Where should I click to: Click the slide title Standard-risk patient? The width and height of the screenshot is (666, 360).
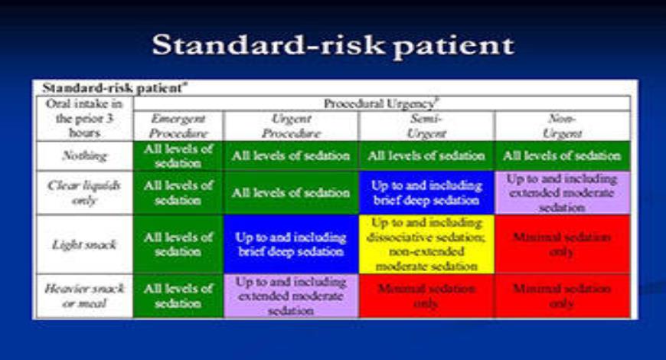click(x=332, y=45)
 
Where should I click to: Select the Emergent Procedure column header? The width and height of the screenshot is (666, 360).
click(x=178, y=126)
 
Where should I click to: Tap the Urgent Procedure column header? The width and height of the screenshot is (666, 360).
click(x=291, y=126)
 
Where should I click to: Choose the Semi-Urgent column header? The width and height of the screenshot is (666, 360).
click(x=426, y=126)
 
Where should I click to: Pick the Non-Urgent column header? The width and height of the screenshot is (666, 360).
click(x=563, y=126)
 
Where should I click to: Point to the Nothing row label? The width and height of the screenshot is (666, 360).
click(x=83, y=155)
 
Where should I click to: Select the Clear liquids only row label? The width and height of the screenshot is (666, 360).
click(x=83, y=192)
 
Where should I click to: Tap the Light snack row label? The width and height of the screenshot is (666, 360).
click(x=83, y=244)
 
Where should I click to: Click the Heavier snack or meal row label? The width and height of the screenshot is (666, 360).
click(x=83, y=296)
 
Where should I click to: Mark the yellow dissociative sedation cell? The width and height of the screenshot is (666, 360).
click(x=426, y=244)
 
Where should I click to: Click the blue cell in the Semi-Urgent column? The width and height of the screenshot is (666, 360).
click(x=426, y=192)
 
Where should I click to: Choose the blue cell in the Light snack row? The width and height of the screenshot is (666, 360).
click(x=291, y=244)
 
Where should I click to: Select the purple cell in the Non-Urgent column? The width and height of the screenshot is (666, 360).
click(x=563, y=192)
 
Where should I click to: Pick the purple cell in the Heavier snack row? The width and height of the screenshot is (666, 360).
click(x=291, y=296)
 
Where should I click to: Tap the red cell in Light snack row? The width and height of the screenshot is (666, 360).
click(x=563, y=244)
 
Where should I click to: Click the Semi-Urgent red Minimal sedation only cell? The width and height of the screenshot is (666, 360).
click(x=426, y=296)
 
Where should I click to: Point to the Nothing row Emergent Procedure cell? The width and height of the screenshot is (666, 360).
click(x=178, y=155)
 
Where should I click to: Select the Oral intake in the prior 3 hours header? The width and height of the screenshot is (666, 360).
click(x=83, y=118)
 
